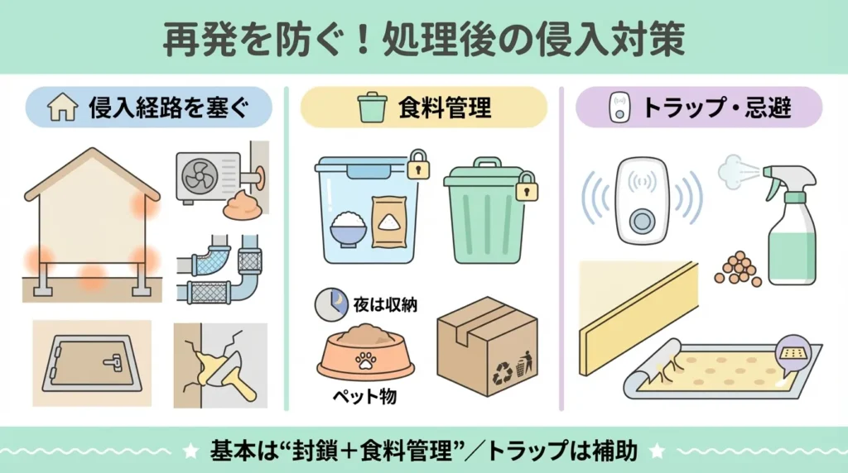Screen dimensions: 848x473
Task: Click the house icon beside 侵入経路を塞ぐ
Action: click(x=63, y=107)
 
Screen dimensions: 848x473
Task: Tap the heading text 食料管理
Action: click(x=445, y=107)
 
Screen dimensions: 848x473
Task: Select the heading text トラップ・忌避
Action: click(x=716, y=107)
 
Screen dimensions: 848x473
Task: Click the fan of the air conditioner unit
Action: click(x=200, y=176)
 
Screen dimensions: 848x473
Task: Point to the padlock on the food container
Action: click(x=418, y=165)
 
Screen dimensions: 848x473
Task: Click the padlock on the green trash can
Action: click(x=526, y=186)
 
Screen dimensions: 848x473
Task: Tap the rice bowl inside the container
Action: click(x=349, y=230)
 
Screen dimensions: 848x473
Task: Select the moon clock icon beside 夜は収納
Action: click(x=331, y=304)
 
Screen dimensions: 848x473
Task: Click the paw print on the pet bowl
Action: click(x=366, y=361)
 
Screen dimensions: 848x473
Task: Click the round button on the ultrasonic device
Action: click(x=643, y=220)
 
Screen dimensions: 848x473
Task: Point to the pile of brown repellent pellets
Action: click(x=738, y=269)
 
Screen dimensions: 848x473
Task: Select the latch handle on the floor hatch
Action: click(x=113, y=361)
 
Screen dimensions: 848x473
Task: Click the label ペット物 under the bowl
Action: click(x=364, y=397)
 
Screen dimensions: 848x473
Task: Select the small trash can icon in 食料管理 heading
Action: click(x=373, y=107)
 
